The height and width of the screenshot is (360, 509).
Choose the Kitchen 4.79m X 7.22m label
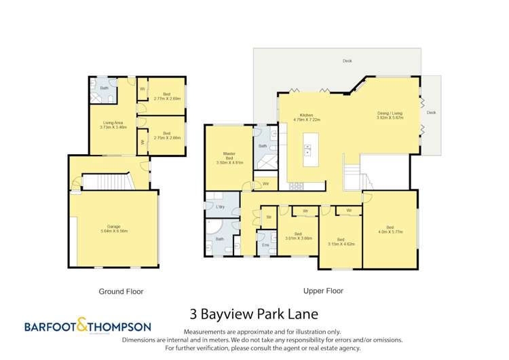pos(306,117)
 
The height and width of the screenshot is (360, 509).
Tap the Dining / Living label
pos(390,115)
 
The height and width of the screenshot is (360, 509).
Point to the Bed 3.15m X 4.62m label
pos(341,241)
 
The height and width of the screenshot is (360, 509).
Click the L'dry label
pos(220,206)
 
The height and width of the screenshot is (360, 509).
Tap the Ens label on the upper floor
pos(265,244)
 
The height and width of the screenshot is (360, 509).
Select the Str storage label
pos(269,217)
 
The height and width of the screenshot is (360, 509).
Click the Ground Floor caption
pos(121,291)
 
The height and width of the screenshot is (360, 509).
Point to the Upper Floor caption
pos(322,290)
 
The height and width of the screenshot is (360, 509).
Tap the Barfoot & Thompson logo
pos(88,326)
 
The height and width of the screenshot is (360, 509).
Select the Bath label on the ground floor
pos(105,88)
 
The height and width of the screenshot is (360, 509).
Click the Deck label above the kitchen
pos(347,61)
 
